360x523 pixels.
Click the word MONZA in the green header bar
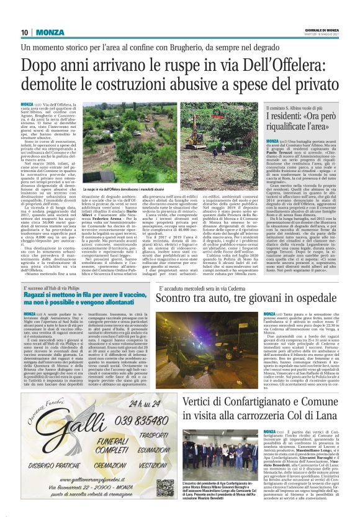[x=48, y=32]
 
